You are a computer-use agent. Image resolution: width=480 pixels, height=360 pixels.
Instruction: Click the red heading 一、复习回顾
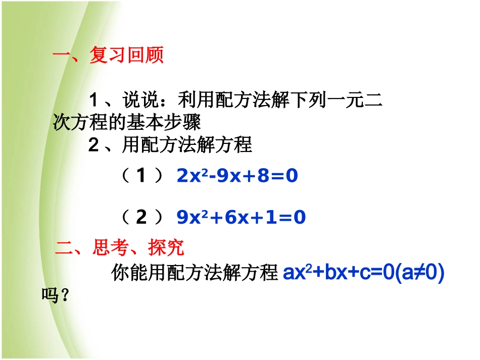click(x=108, y=56)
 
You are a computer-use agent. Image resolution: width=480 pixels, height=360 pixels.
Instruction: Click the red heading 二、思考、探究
click(x=120, y=248)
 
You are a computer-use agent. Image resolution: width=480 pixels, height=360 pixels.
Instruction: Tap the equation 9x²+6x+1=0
click(x=242, y=217)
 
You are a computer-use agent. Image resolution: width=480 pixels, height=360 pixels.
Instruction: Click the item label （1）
click(x=142, y=176)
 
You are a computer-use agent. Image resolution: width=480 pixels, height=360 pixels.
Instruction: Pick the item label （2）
click(x=142, y=217)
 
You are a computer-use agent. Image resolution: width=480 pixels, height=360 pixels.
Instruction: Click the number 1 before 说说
click(x=93, y=99)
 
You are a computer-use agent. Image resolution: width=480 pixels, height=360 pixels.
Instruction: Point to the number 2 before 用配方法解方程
click(x=93, y=146)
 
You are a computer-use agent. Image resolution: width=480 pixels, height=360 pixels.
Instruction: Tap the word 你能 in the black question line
click(x=124, y=274)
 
